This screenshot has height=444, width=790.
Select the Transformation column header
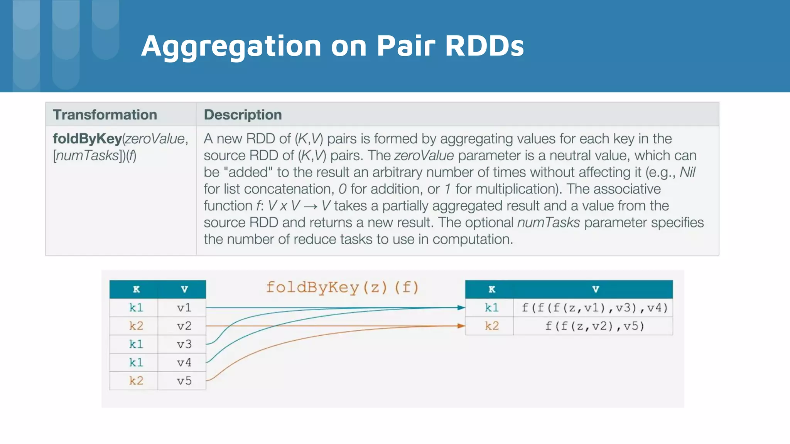105,115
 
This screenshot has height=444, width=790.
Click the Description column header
243,115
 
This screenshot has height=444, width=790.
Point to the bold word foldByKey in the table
87,139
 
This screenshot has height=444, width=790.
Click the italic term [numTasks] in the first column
88,156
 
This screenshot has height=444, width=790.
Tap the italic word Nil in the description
687,172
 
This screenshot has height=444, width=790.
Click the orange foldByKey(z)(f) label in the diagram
342,288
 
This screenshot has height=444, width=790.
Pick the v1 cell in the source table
184,308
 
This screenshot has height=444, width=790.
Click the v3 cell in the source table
184,344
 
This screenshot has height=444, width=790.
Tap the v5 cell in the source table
184,381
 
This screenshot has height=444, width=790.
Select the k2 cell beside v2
136,326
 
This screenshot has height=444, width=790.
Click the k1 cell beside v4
136,362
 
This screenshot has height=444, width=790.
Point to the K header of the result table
491,289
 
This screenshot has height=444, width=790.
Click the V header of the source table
184,289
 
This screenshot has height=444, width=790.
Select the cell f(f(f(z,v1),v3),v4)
594,308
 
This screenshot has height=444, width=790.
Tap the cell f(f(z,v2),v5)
594,326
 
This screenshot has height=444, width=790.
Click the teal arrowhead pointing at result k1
461,308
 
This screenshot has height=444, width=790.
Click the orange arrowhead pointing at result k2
461,326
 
